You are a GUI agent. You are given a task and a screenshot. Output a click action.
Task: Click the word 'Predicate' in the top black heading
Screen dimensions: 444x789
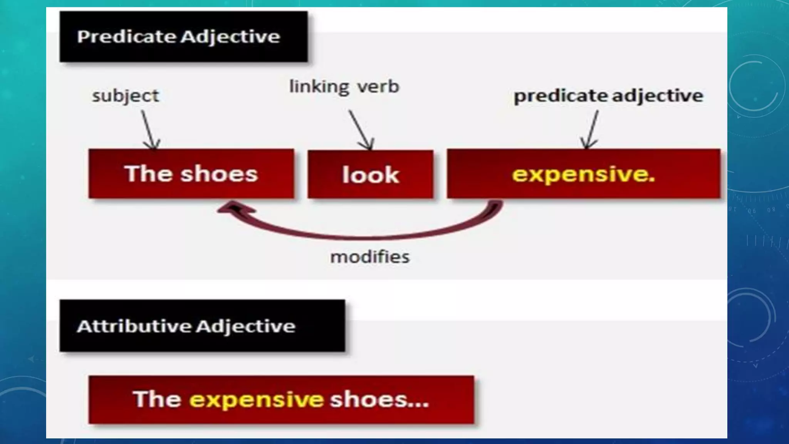click(127, 37)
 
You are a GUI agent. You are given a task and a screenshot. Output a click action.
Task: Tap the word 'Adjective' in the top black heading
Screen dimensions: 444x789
click(230, 37)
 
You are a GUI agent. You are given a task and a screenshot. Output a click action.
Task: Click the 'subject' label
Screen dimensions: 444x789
click(125, 96)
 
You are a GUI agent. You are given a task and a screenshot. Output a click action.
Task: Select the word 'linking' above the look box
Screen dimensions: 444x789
click(319, 87)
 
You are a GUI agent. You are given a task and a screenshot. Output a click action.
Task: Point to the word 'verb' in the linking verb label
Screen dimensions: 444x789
click(378, 87)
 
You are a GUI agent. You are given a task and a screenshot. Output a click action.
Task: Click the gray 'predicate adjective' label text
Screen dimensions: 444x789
click(608, 96)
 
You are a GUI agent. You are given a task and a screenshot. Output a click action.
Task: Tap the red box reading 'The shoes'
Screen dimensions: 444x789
click(191, 174)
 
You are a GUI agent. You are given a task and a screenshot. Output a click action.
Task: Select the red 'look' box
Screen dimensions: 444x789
click(370, 175)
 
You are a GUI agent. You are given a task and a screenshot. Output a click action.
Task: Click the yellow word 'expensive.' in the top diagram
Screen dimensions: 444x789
click(583, 174)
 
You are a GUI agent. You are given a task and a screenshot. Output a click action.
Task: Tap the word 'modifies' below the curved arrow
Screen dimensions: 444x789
click(370, 257)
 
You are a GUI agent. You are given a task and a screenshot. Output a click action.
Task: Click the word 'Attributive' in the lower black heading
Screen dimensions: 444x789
click(134, 326)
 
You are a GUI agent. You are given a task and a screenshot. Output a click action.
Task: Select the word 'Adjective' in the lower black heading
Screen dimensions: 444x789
click(246, 326)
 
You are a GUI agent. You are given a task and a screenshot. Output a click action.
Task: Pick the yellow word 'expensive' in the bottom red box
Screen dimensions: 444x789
click(256, 399)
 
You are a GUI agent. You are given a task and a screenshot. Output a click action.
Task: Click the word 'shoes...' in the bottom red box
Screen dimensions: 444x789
click(379, 399)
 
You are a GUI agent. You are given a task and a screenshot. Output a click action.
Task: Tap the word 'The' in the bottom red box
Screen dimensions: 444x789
click(157, 399)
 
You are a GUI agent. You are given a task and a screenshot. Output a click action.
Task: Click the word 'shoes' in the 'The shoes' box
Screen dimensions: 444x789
click(219, 174)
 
